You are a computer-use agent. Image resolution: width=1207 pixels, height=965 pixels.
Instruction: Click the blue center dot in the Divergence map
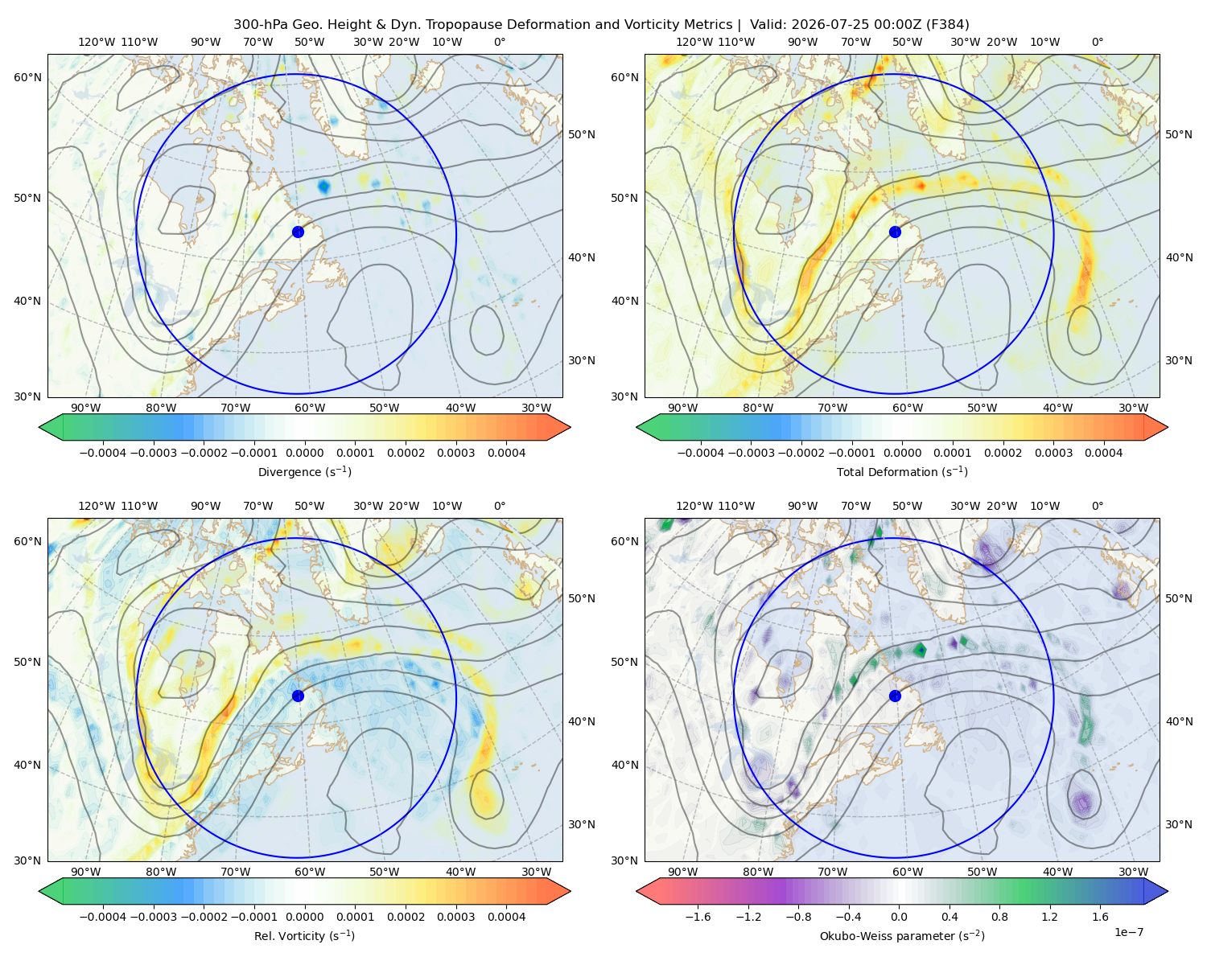click(x=298, y=232)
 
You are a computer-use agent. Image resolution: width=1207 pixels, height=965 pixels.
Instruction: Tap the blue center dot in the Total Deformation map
click(x=895, y=232)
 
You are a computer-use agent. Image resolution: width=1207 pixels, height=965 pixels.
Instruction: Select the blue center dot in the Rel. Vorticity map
click(x=298, y=696)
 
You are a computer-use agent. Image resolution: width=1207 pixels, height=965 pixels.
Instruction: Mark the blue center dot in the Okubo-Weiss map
click(x=895, y=696)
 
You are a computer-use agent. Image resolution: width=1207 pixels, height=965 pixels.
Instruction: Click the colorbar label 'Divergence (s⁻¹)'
click(x=304, y=471)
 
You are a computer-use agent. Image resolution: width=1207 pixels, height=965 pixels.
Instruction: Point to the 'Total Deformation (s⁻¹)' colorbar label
click(x=902, y=471)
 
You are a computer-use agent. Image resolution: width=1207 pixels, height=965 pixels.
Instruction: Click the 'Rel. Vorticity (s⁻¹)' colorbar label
click(x=304, y=935)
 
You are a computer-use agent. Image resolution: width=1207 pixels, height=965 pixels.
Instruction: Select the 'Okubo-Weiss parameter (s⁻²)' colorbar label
click(x=902, y=935)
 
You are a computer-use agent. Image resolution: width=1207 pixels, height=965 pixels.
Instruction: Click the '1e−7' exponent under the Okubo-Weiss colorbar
click(x=1128, y=932)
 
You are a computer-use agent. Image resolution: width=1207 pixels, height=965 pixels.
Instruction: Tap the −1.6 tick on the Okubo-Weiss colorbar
click(x=698, y=917)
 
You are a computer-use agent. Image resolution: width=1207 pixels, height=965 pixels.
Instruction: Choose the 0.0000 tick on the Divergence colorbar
click(x=304, y=453)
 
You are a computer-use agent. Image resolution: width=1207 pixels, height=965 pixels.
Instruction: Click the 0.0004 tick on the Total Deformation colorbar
click(x=1103, y=453)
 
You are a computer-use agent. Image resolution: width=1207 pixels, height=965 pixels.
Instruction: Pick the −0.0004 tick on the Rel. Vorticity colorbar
click(x=103, y=917)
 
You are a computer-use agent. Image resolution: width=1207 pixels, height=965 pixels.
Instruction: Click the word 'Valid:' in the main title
click(x=768, y=25)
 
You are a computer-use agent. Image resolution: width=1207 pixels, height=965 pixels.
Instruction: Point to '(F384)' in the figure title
click(x=947, y=25)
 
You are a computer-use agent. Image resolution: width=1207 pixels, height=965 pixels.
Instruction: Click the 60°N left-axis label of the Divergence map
click(x=27, y=77)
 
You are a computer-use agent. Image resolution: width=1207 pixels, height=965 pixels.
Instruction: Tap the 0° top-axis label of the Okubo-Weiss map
click(x=1097, y=506)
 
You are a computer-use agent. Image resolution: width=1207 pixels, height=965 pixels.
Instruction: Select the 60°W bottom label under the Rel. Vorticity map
click(x=310, y=872)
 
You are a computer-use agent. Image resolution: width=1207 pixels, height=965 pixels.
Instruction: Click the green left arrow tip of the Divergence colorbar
click(x=39, y=427)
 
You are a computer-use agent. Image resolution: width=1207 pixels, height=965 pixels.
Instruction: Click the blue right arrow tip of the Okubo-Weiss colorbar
click(x=1168, y=891)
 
